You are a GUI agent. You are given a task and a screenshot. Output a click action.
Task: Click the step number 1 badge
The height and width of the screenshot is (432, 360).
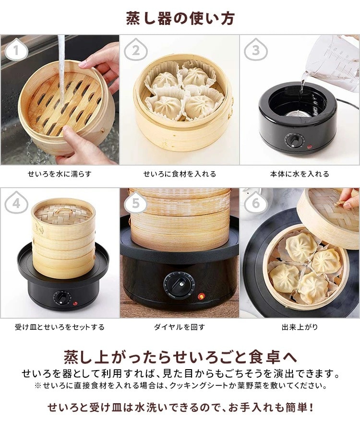click(x=16, y=49)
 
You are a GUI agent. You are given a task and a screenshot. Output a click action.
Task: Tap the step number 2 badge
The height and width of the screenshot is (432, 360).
click(x=135, y=49)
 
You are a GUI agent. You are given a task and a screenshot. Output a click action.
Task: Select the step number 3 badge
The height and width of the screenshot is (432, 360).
click(x=256, y=49)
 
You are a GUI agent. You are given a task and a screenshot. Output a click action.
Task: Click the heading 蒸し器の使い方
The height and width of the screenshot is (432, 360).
click(x=180, y=18)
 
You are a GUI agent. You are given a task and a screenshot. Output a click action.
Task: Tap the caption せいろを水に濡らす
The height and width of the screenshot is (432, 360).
click(x=60, y=174)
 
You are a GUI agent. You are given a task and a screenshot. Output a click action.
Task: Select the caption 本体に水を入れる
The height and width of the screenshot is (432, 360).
click(x=300, y=174)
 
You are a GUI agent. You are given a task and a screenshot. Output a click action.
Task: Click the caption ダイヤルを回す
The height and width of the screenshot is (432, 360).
click(x=180, y=327)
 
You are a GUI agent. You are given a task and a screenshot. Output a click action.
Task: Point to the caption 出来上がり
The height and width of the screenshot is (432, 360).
click(x=300, y=327)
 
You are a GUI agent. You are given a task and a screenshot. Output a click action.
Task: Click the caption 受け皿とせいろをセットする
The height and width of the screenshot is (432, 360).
click(x=60, y=327)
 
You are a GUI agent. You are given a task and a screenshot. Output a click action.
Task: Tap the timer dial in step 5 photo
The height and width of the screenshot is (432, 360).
click(x=180, y=285)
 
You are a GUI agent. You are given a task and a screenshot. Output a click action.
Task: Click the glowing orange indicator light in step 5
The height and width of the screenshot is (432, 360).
click(x=202, y=297)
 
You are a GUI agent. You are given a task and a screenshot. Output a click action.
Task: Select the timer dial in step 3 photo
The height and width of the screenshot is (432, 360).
click(x=294, y=141)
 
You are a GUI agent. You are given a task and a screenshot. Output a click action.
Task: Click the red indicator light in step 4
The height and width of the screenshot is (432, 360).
click(x=75, y=303)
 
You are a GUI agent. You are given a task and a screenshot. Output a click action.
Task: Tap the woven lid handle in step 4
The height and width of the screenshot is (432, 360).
click(x=61, y=211)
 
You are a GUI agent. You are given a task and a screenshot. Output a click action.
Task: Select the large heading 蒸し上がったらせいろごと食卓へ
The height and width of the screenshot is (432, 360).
click(x=180, y=357)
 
